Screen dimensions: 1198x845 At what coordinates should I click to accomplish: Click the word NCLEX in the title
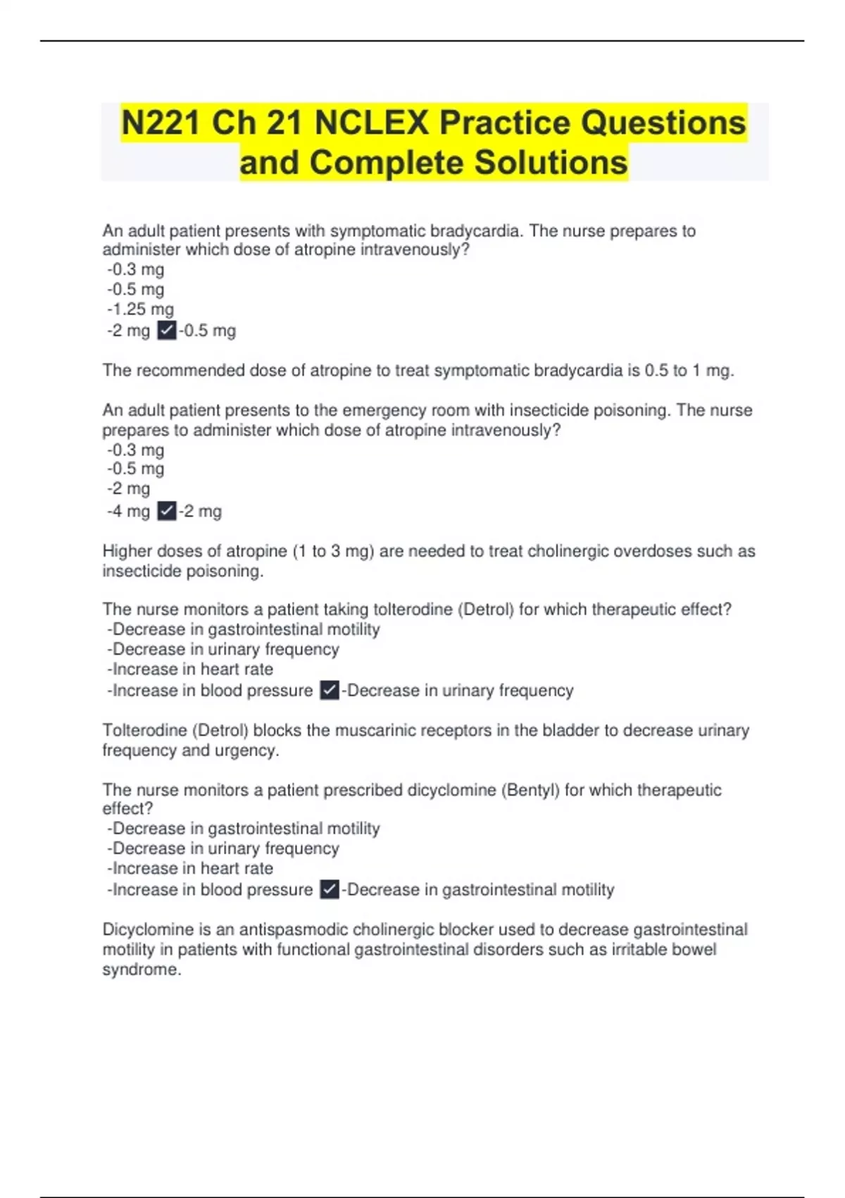(372, 123)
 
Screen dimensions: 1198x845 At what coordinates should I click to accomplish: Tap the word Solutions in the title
(550, 162)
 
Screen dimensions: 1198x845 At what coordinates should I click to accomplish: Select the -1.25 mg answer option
(141, 309)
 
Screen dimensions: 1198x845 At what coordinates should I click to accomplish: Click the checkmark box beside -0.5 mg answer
(167, 331)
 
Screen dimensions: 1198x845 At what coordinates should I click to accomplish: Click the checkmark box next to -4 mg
(167, 511)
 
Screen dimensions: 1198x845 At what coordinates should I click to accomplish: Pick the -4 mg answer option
(129, 511)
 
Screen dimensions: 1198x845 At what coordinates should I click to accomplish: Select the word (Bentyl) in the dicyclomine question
(530, 790)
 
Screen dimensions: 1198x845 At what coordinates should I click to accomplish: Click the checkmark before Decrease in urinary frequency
(330, 691)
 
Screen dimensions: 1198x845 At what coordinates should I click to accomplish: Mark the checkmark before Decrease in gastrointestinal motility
(330, 890)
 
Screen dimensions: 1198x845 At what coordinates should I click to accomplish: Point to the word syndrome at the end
(141, 970)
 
